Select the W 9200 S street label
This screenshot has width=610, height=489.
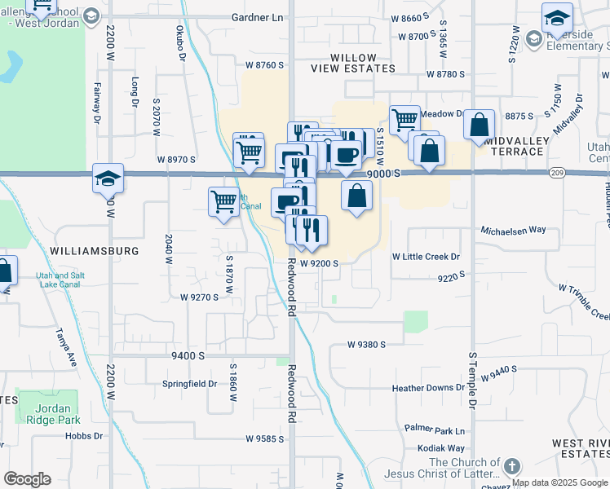click(318, 263)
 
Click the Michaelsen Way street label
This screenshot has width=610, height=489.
click(512, 231)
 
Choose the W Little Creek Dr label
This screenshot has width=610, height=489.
click(427, 257)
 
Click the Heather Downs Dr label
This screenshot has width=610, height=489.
click(427, 388)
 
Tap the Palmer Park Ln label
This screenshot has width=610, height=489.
click(435, 430)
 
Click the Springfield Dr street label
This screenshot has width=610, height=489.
click(189, 383)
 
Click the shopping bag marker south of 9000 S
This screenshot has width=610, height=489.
click(356, 196)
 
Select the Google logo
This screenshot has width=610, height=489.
click(27, 479)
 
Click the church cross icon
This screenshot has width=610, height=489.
click(511, 467)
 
